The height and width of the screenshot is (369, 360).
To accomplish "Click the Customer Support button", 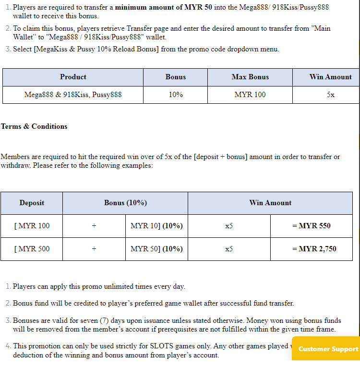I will pos(328,349).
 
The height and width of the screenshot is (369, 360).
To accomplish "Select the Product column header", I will pos(73,77).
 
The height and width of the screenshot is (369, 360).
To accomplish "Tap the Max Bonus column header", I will pos(250,77).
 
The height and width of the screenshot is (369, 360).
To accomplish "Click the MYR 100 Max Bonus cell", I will pos(250,95).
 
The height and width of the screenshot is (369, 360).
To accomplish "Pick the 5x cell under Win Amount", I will pos(331,95).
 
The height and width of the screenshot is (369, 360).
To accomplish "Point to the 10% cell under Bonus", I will pos(176,95).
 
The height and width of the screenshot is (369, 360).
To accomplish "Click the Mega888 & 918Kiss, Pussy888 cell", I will pos(73,95).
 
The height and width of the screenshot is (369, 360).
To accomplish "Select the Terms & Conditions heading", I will pos(34,126).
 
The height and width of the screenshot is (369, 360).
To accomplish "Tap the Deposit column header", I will pos(32,203).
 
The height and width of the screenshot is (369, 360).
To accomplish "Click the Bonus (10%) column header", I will pos(125,203).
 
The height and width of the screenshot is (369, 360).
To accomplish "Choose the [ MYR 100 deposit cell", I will pos(32,226).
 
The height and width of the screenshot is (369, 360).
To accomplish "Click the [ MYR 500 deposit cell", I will pos(32,249).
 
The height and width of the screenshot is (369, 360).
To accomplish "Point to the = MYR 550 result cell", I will pos(312,226).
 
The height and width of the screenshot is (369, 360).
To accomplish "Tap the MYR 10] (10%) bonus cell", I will pos(156,226).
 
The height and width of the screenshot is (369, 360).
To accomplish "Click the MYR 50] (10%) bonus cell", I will pos(156,249).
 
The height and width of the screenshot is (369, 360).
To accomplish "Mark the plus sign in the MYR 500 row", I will pos(94,249).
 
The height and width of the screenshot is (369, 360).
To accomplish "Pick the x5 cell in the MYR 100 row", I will pos(229,226).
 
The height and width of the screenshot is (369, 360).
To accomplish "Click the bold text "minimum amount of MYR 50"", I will pos(163,8).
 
